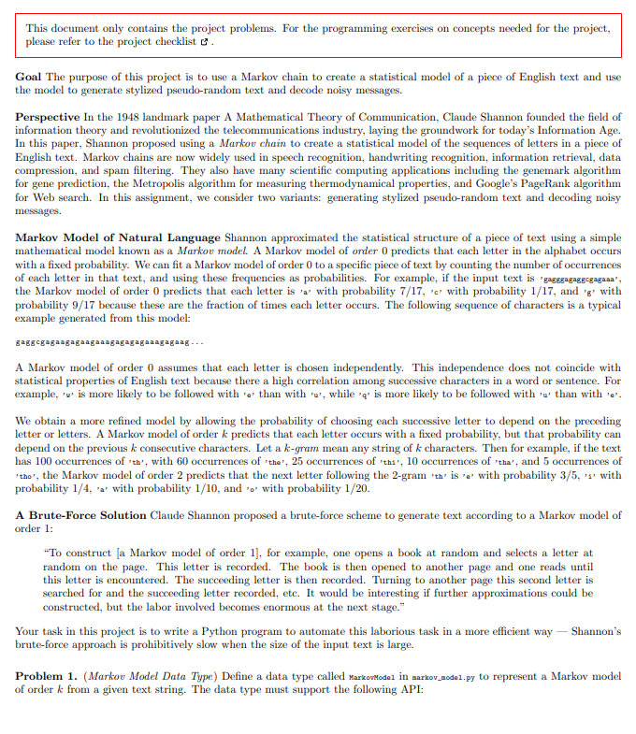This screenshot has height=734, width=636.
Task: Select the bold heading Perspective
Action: coord(48,115)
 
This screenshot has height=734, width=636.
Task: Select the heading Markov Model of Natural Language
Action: coord(118,238)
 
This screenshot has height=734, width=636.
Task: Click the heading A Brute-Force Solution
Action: coord(81,515)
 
